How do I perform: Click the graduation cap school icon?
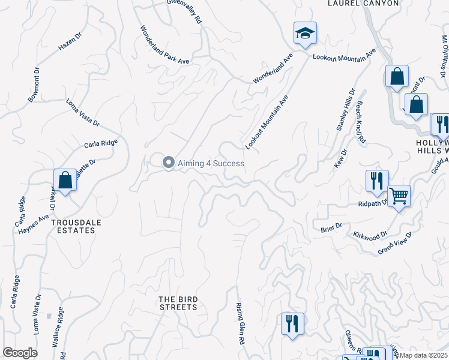[305, 34]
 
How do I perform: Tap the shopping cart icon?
[399, 196]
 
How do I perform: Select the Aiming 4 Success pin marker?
[169, 163]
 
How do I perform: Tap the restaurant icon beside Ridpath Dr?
[377, 181]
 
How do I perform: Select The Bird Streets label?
[178, 303]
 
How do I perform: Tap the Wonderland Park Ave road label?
[164, 45]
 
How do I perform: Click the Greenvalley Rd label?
[185, 10]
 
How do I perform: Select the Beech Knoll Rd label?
[361, 122]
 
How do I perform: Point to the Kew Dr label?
[339, 160]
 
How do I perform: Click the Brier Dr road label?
[331, 226]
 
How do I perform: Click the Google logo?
[19, 353]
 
